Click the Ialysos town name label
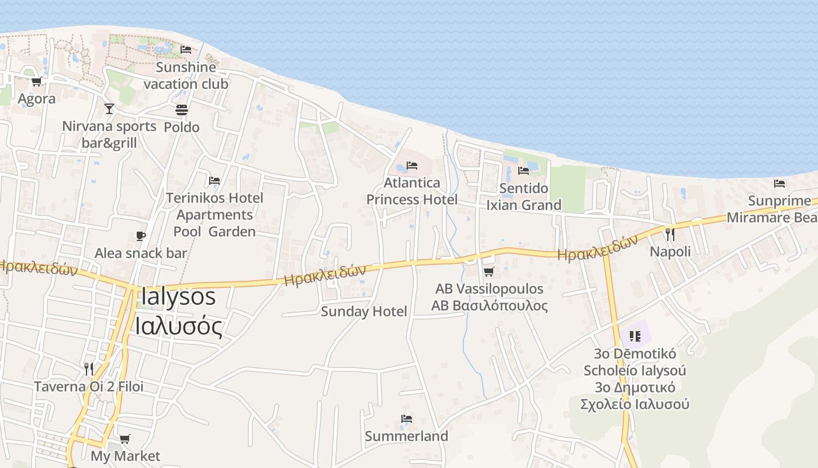coord(178,297)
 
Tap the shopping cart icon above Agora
coord(36,82)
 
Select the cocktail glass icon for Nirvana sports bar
coord(109,109)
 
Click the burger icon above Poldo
coord(181,110)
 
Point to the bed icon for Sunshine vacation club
coord(186,50)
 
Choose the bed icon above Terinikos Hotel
coord(214,181)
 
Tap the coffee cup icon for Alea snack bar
coord(140,236)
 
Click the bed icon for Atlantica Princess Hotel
coord(412,166)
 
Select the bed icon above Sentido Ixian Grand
coord(524,171)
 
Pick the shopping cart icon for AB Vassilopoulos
coord(489,271)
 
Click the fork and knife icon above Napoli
coord(670,235)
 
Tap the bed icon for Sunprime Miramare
coord(779,184)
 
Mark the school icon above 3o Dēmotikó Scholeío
coord(636,336)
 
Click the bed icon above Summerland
coord(407,419)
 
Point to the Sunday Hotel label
coord(363,311)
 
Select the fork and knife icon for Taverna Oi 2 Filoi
coord(89,369)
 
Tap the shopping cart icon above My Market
coord(124,439)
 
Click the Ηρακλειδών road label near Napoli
coord(597,249)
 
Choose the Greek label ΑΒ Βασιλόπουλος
coord(489,306)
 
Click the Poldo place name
coord(181,127)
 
